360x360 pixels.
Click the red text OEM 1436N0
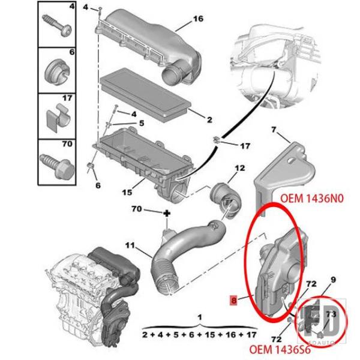(312, 199)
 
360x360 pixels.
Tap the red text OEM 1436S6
(280, 350)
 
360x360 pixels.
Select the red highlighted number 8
(234, 301)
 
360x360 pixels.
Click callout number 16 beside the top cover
(199, 19)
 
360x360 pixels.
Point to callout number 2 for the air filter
(209, 119)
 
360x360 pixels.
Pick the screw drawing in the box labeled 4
(57, 25)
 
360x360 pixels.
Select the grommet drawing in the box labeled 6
(56, 71)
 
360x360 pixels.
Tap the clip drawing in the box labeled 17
(58, 118)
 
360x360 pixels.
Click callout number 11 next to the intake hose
(130, 245)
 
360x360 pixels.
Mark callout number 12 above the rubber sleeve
(239, 168)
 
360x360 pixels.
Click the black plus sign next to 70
(167, 214)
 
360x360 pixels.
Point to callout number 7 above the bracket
(273, 130)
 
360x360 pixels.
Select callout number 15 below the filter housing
(127, 192)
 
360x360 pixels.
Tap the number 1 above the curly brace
(200, 317)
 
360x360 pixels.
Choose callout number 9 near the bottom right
(333, 280)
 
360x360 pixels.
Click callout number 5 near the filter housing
(142, 123)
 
